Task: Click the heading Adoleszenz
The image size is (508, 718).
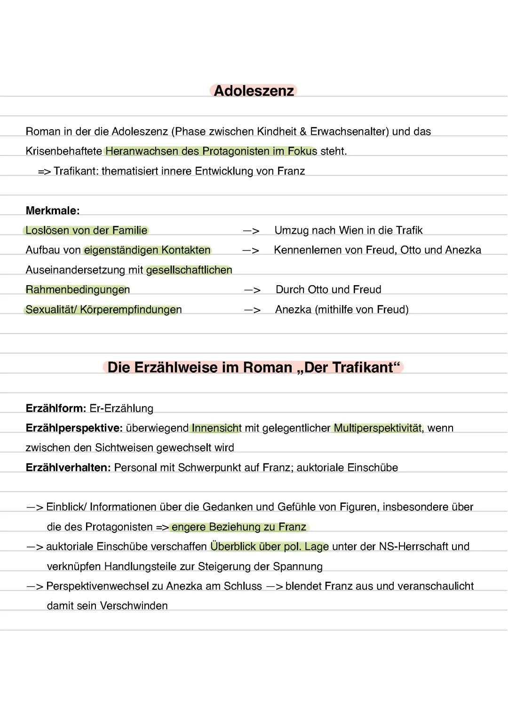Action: [254, 91]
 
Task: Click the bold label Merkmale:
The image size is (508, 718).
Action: [53, 211]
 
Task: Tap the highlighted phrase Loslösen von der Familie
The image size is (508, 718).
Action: [86, 230]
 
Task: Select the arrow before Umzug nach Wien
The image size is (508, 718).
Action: [251, 231]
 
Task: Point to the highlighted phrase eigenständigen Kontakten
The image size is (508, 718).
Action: [147, 250]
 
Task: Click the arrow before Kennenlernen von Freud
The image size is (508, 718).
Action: [251, 250]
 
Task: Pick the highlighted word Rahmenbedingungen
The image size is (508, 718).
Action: [78, 289]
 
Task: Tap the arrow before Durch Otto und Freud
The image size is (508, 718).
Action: [252, 290]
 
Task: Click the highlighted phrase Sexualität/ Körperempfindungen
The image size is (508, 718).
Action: [103, 310]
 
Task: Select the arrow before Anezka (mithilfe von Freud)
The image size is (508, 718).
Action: [252, 310]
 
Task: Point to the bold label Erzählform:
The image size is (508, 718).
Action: [56, 408]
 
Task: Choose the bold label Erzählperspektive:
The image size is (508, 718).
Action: [74, 428]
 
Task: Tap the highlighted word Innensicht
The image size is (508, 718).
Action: [216, 428]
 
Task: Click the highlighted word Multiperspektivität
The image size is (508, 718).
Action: [378, 428]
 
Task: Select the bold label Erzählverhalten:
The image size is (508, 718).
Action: [68, 468]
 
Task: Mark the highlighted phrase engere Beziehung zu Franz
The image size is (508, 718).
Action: [239, 527]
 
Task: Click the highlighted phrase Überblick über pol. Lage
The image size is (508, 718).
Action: [270, 546]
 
